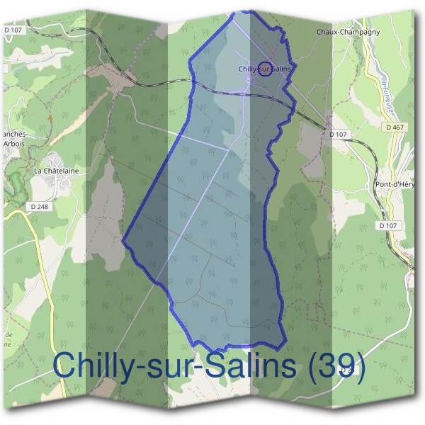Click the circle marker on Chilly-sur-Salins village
[265, 69]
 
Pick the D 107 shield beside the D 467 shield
[338, 133]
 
